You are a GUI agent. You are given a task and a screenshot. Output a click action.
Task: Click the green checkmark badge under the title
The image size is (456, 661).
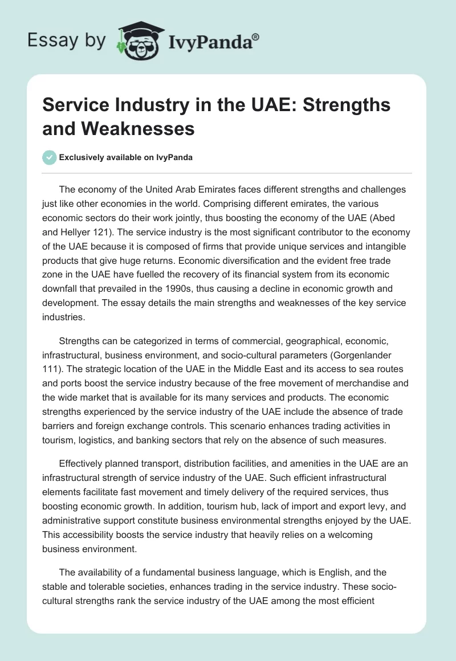[49, 157]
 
